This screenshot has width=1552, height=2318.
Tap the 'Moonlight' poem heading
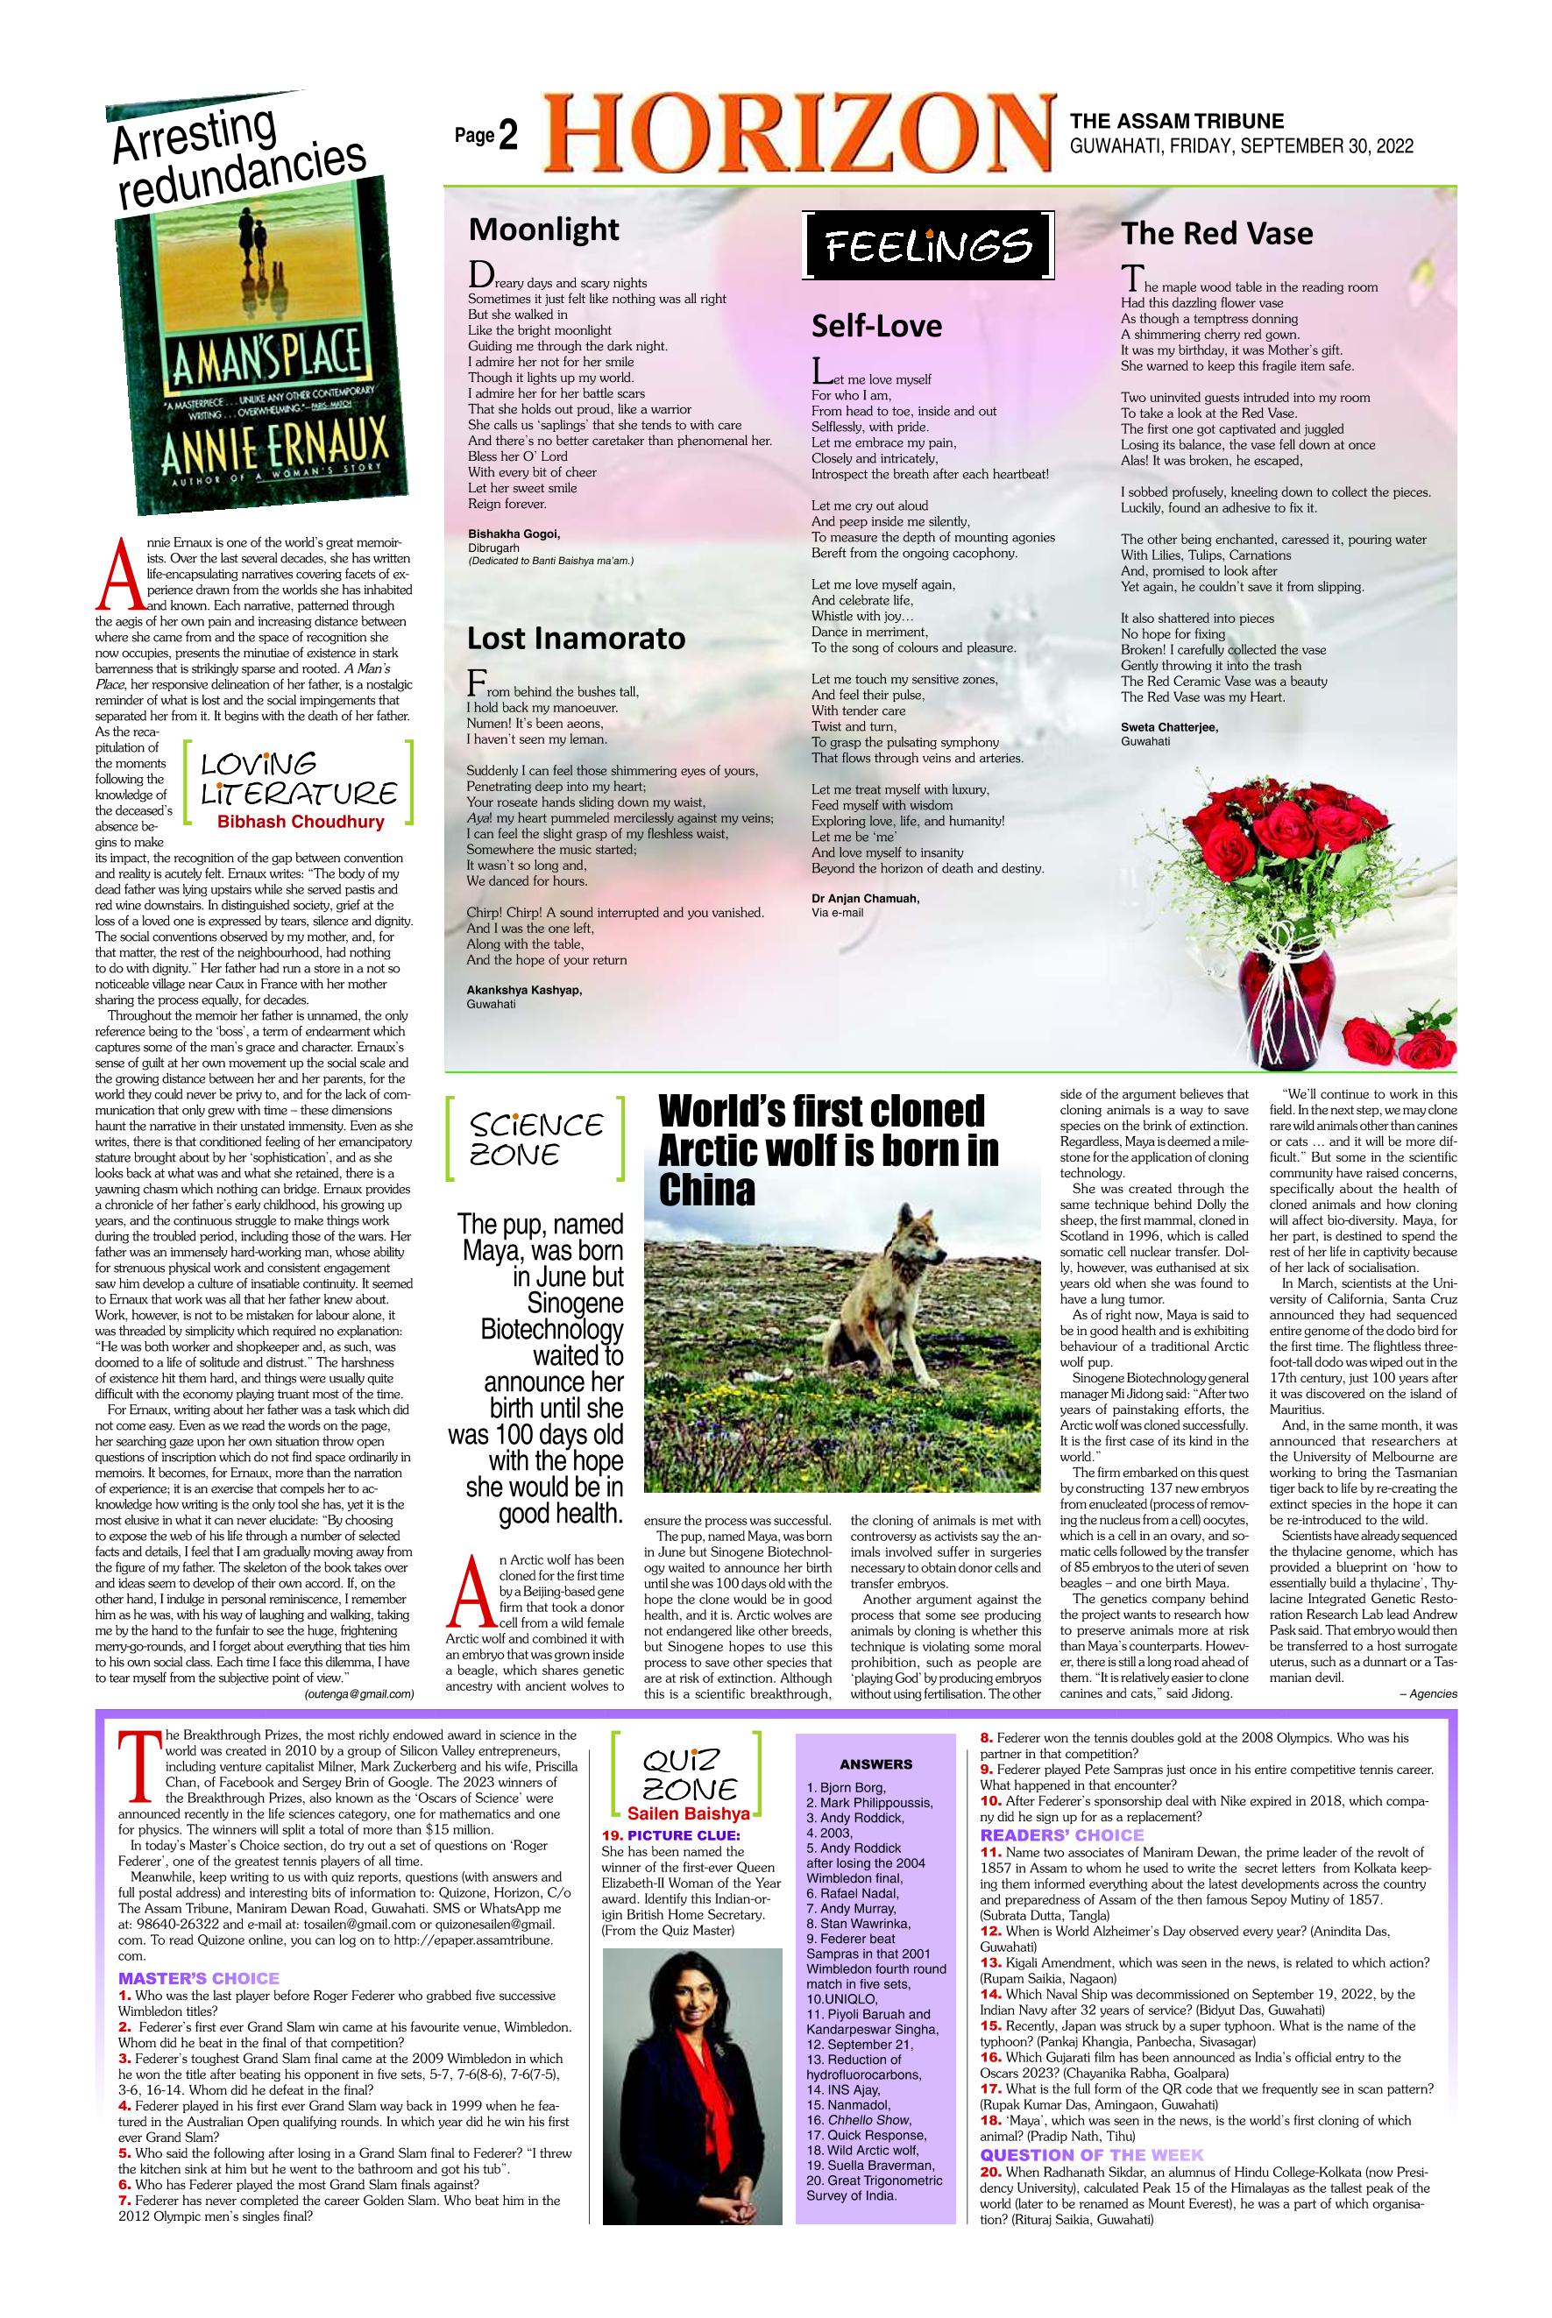point(543,230)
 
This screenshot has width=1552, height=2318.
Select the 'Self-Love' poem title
point(876,326)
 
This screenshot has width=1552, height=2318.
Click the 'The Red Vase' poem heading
point(1216,234)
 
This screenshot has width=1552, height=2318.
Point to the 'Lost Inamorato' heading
point(576,638)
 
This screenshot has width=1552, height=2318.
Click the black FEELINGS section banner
point(930,244)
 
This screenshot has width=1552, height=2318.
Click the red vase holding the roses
point(1278,989)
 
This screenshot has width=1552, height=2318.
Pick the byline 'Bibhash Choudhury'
point(300,821)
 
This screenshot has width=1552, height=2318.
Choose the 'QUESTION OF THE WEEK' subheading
point(1092,2155)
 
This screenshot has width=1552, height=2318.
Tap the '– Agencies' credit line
point(1428,1693)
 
